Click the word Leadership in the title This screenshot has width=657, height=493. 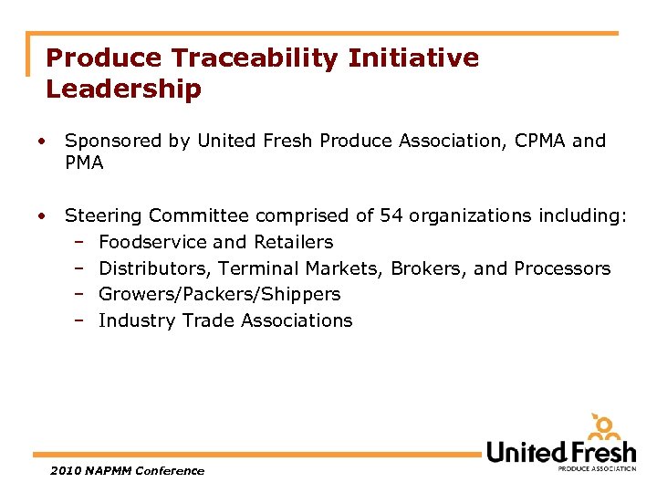(x=124, y=89)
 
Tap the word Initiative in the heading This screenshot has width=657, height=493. (x=412, y=58)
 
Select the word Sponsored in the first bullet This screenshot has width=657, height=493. (x=113, y=142)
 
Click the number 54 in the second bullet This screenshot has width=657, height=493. (x=391, y=216)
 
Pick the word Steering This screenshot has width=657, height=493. (x=104, y=216)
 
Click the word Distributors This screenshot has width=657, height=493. (x=154, y=268)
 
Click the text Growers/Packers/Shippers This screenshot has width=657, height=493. (x=219, y=294)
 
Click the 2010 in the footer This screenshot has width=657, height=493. (x=66, y=471)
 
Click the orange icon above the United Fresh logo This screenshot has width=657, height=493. (x=605, y=427)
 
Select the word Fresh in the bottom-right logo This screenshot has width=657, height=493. (x=599, y=452)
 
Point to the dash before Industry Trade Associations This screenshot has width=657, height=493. (x=80, y=320)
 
